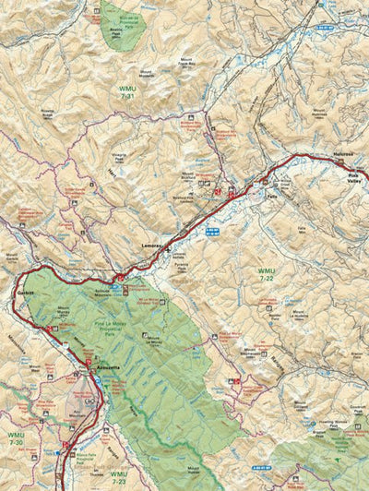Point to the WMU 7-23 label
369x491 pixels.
[119, 477]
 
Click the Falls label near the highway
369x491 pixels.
[270, 197]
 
